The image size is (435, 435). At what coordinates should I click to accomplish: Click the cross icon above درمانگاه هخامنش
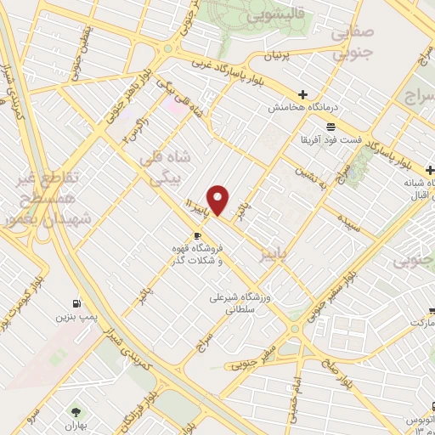tap(303, 94)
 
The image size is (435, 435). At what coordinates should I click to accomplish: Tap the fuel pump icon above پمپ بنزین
tap(78, 302)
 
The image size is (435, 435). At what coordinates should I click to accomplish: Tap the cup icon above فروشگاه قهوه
tap(197, 234)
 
